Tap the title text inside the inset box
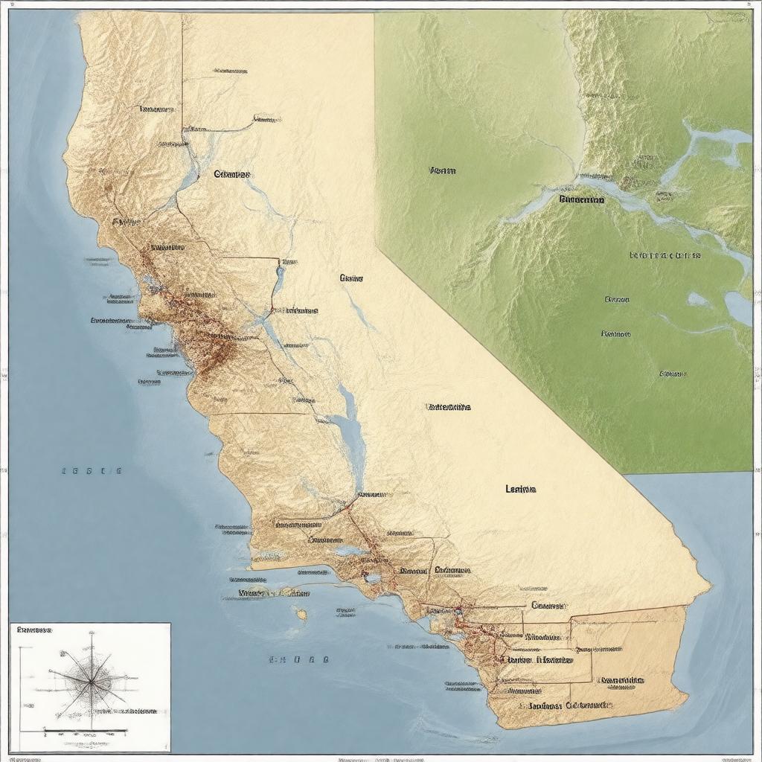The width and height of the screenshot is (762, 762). click(33, 630)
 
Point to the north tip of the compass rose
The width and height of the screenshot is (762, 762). click(92, 633)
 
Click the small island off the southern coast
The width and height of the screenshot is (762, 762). click(301, 614)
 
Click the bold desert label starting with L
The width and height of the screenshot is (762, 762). click(521, 489)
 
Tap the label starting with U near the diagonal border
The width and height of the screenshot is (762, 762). click(448, 407)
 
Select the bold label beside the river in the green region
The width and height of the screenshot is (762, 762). click(581, 199)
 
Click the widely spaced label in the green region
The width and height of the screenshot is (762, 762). click(665, 255)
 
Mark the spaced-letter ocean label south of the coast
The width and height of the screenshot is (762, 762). click(298, 659)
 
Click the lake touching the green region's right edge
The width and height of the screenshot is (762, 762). click(738, 307)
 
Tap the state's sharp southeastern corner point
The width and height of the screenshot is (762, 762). click(710, 586)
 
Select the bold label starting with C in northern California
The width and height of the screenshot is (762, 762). click(232, 174)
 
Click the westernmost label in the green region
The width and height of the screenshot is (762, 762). click(442, 170)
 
